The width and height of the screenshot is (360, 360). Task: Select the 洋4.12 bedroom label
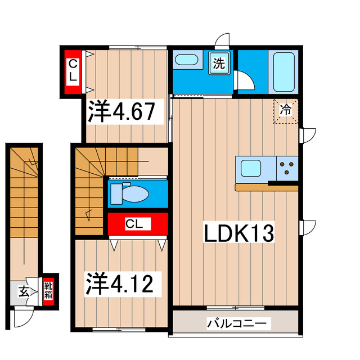(119, 283)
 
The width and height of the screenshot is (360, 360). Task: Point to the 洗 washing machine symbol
(218, 63)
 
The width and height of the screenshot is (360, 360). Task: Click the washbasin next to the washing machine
(186, 60)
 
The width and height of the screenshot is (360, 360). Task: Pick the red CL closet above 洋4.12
(137, 224)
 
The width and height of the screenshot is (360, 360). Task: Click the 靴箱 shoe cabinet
(49, 291)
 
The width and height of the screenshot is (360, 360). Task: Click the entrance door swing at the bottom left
(21, 318)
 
